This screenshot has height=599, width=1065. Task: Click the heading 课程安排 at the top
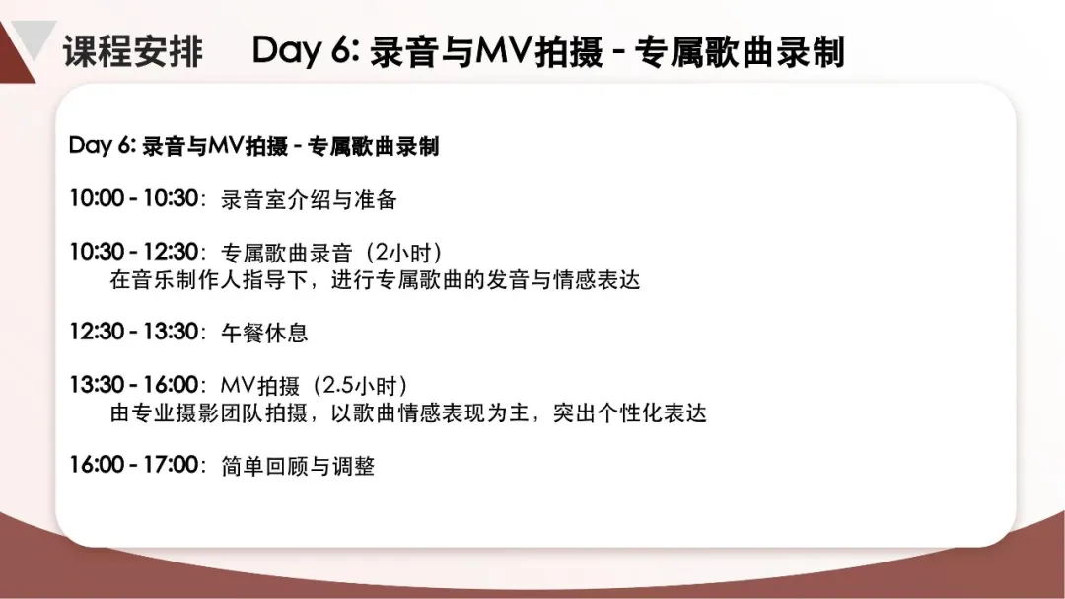coord(133,51)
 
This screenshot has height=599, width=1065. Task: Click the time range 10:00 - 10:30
coord(134,198)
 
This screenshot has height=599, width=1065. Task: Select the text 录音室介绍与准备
coord(309,200)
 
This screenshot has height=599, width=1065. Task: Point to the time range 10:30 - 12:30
coord(134,252)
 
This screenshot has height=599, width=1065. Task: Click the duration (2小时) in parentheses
coord(403,253)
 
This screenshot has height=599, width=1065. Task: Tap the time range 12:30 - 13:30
coord(134,332)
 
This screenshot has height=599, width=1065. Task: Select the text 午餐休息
coord(264,333)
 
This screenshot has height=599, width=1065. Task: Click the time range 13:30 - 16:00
coord(134,384)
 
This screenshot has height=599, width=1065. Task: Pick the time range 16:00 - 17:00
coord(134,465)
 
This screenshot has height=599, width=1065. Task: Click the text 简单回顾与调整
coord(298,466)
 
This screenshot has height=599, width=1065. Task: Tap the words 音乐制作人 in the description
coord(186,280)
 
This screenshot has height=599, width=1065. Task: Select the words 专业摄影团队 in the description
coord(198,412)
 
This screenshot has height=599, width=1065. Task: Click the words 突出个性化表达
coord(630,412)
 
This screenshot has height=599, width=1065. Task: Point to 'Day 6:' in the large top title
coord(305,51)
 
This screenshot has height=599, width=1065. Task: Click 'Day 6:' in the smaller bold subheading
coord(103,145)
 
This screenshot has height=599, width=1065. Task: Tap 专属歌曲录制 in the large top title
coord(739,51)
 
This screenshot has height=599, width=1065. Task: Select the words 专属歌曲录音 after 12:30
coord(287,253)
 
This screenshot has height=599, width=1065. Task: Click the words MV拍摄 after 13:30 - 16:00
coord(260,386)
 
